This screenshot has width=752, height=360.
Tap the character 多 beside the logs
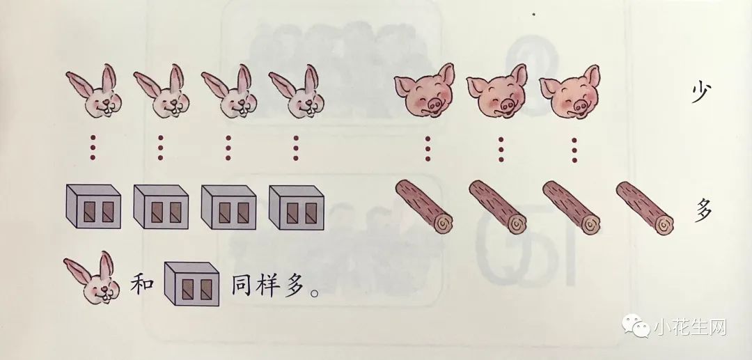click(703, 210)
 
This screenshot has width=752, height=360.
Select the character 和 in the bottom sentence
click(142, 285)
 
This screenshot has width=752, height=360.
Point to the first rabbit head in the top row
click(94, 91)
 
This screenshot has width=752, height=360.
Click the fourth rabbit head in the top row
click(297, 91)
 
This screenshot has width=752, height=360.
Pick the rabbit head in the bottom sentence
click(92, 278)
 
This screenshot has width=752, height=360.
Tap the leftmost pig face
click(425, 91)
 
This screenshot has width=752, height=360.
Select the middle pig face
click(497, 91)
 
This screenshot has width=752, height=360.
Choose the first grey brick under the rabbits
click(93, 207)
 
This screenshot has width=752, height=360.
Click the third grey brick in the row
click(228, 207)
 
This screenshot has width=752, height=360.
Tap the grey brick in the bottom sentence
click(191, 284)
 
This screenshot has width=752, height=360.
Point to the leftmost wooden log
click(424, 207)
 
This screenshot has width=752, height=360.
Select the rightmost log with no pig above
click(645, 208)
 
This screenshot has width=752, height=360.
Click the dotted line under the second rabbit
click(161, 148)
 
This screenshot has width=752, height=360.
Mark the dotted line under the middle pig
click(501, 150)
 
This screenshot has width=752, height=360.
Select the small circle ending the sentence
click(315, 292)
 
